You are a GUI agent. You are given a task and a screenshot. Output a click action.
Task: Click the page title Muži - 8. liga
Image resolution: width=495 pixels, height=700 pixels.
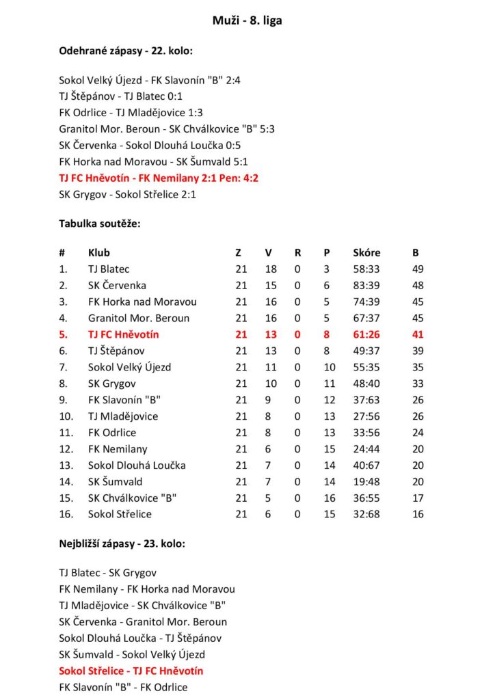pyautogui.click(x=247, y=21)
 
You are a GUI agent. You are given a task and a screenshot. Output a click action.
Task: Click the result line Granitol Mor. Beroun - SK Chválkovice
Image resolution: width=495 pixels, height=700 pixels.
pyautogui.click(x=167, y=129)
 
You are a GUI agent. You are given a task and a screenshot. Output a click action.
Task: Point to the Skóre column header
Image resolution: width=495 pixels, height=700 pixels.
pyautogui.click(x=366, y=253)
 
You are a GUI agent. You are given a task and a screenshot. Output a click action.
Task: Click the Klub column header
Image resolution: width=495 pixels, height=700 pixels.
pyautogui.click(x=99, y=253)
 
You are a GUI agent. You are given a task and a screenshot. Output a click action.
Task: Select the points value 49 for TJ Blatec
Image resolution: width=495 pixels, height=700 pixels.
pyautogui.click(x=418, y=269)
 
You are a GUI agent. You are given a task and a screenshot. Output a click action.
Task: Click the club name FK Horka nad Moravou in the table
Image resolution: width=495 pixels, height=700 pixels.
pyautogui.click(x=142, y=302)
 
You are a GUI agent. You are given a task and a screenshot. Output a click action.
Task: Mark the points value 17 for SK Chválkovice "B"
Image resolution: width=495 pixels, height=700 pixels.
pyautogui.click(x=418, y=498)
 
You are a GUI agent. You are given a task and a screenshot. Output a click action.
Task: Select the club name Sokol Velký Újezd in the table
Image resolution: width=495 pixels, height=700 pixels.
pyautogui.click(x=129, y=367)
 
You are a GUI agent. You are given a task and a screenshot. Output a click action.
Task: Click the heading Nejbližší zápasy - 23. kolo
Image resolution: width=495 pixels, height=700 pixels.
pyautogui.click(x=122, y=544)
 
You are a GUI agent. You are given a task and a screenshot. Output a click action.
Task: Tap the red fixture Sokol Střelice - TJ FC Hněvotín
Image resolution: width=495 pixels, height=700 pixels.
pyautogui.click(x=131, y=671)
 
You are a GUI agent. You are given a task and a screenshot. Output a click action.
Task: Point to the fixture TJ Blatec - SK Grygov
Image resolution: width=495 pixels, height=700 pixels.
pyautogui.click(x=108, y=573)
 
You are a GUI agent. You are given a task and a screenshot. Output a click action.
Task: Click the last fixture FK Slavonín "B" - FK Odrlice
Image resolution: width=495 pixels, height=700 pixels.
pyautogui.click(x=123, y=687)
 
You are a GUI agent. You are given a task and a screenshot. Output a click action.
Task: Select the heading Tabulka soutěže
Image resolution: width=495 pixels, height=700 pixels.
pyautogui.click(x=100, y=224)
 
